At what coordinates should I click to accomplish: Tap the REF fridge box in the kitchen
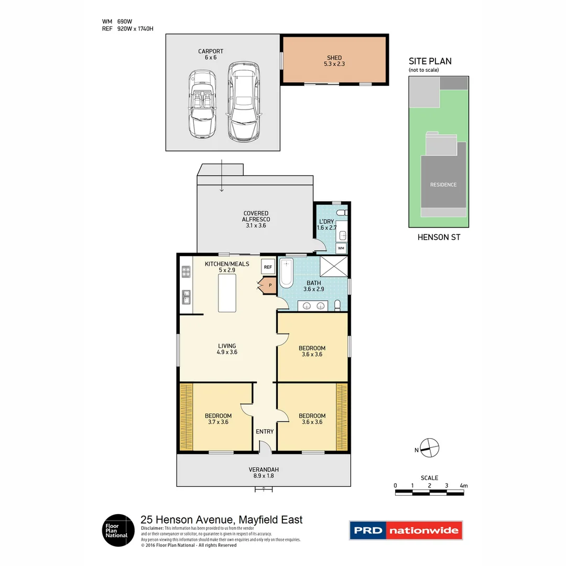point(268,267)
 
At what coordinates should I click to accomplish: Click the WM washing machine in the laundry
point(341,247)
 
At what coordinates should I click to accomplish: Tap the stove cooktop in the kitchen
point(186,271)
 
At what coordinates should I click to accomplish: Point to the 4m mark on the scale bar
point(463,486)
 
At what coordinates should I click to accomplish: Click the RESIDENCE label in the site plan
point(443,184)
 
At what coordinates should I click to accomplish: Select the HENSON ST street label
point(439,237)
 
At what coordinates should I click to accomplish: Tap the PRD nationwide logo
point(406,530)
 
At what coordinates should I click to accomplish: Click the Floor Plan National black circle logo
point(117,530)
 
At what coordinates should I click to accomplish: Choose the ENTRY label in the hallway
point(265,431)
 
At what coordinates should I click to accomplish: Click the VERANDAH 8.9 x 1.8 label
point(264,473)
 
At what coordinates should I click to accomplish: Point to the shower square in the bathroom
point(334,266)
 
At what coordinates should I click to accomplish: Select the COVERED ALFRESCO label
point(256,219)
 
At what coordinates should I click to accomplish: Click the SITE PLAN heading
point(430,61)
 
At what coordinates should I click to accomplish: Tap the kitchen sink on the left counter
point(186,297)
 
